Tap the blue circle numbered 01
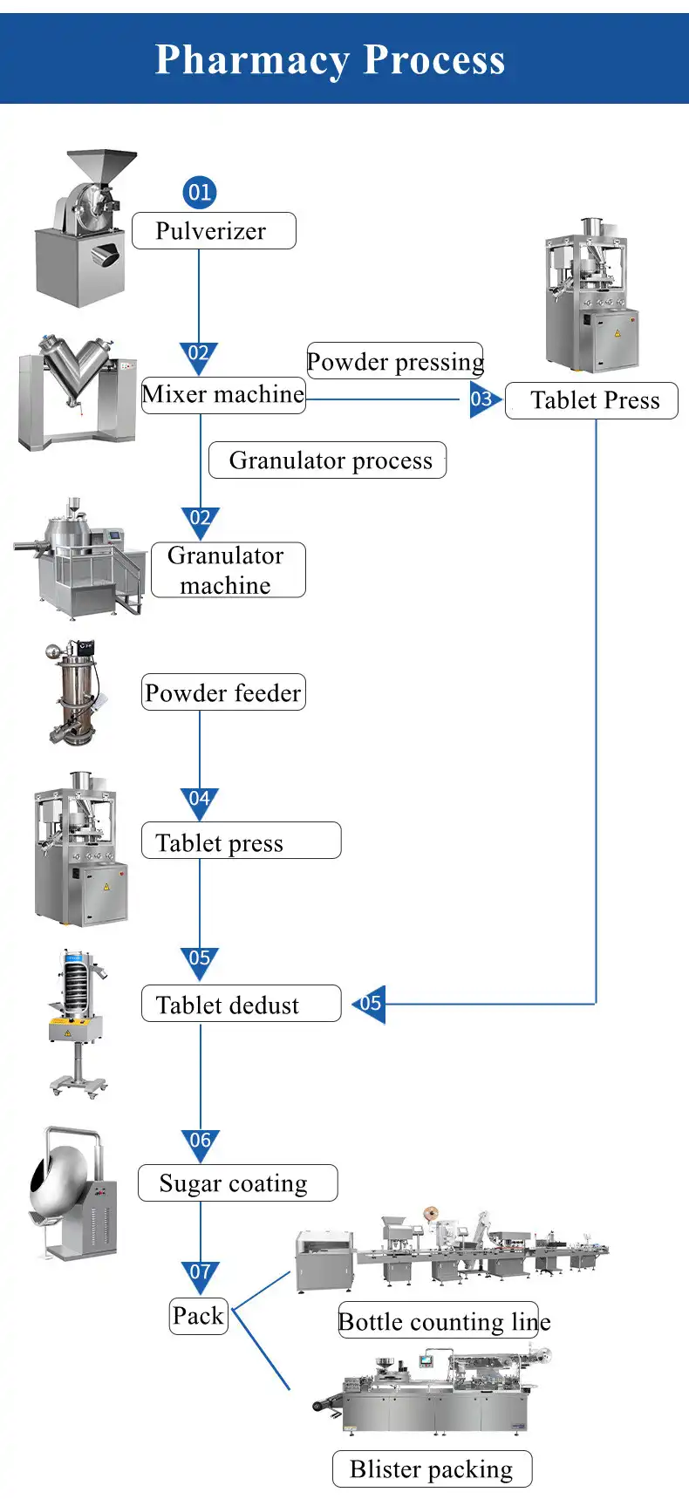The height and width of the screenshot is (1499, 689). pos(199,192)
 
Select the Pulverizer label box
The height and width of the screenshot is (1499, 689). pos(214,231)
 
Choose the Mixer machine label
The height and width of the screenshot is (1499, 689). pos(223,395)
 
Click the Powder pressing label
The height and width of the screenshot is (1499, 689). pos(395,361)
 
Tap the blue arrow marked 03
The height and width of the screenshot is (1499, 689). pos(483,399)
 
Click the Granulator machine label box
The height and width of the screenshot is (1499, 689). pos(228,570)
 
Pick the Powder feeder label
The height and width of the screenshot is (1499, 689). pos(223,692)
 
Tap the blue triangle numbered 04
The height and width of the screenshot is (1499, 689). pos(200,801)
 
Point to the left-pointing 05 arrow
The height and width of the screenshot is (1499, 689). pos(371,1004)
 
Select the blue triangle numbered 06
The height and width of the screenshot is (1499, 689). pos(200,1142)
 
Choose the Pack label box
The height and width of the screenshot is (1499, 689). pos(198,1316)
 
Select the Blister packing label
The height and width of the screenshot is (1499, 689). pos(432,1469)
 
